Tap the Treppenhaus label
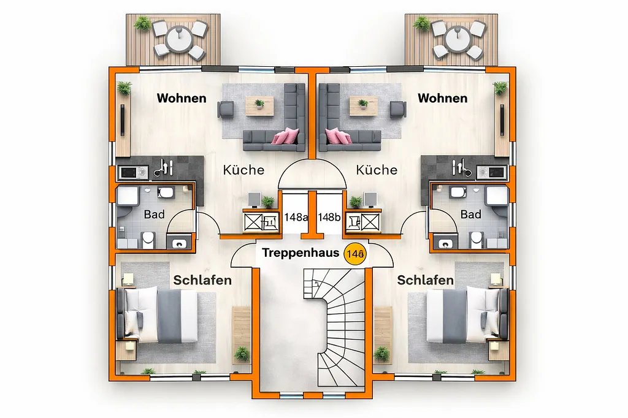pyautogui.click(x=301, y=253)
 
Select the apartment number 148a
pyautogui.click(x=296, y=217)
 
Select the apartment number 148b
pyautogui.click(x=329, y=217)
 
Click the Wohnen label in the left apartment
pyautogui.click(x=182, y=98)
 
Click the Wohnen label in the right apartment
pyautogui.click(x=442, y=98)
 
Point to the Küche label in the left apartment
pyautogui.click(x=243, y=170)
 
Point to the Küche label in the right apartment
pyautogui.click(x=377, y=170)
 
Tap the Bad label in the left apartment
pyautogui.click(x=154, y=215)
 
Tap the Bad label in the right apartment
pyautogui.click(x=470, y=215)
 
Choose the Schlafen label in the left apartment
pyautogui.click(x=202, y=280)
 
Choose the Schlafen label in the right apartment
pyautogui.click(x=426, y=280)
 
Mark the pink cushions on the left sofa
pyautogui.click(x=286, y=135)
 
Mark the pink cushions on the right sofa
pyautogui.click(x=337, y=135)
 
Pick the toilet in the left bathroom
pyautogui.click(x=148, y=238)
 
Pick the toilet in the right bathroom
pyautogui.click(x=477, y=238)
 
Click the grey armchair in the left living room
pyautogui.click(x=226, y=109)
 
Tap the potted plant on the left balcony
pyautogui.click(x=143, y=24)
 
